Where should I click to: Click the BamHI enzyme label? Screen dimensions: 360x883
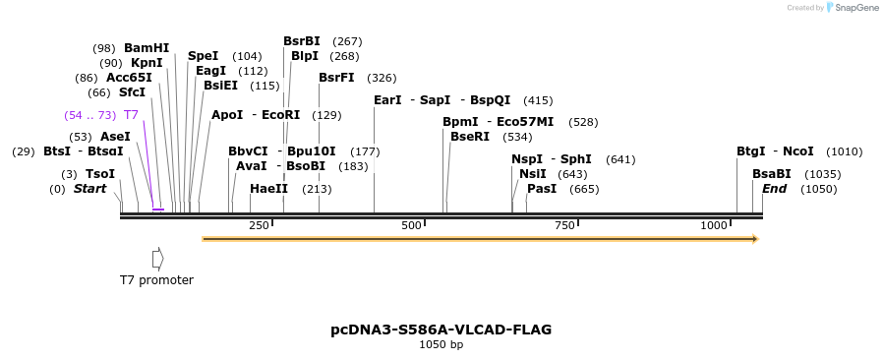pos(147,48)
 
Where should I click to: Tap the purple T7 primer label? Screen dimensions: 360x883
pos(131,115)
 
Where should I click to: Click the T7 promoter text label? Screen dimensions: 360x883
pos(156,280)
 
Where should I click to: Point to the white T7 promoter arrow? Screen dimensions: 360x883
pos(157,258)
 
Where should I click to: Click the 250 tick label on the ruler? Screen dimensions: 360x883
pos(259,226)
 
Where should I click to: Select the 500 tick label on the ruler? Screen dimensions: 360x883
pos(411,226)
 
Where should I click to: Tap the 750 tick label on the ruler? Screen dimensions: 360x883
pos(564,226)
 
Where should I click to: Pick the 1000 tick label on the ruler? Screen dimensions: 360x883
pos(713,226)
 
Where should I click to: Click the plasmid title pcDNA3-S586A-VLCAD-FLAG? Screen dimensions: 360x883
pos(441,330)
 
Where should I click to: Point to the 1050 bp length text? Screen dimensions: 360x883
pos(441,345)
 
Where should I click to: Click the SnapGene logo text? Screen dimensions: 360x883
pos(857,8)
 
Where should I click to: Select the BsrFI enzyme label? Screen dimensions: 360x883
pos(336,78)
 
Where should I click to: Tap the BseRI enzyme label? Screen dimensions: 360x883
pos(469,137)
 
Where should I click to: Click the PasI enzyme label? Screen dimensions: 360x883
pos(542,189)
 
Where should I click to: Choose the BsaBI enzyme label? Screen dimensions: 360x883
pos(772,174)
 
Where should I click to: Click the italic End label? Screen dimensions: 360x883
pos(774,189)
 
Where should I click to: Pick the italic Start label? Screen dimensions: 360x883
pos(89,189)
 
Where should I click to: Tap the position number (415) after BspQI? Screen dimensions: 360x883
pos(538,100)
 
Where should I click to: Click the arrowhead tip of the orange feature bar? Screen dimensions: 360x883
pos(757,238)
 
